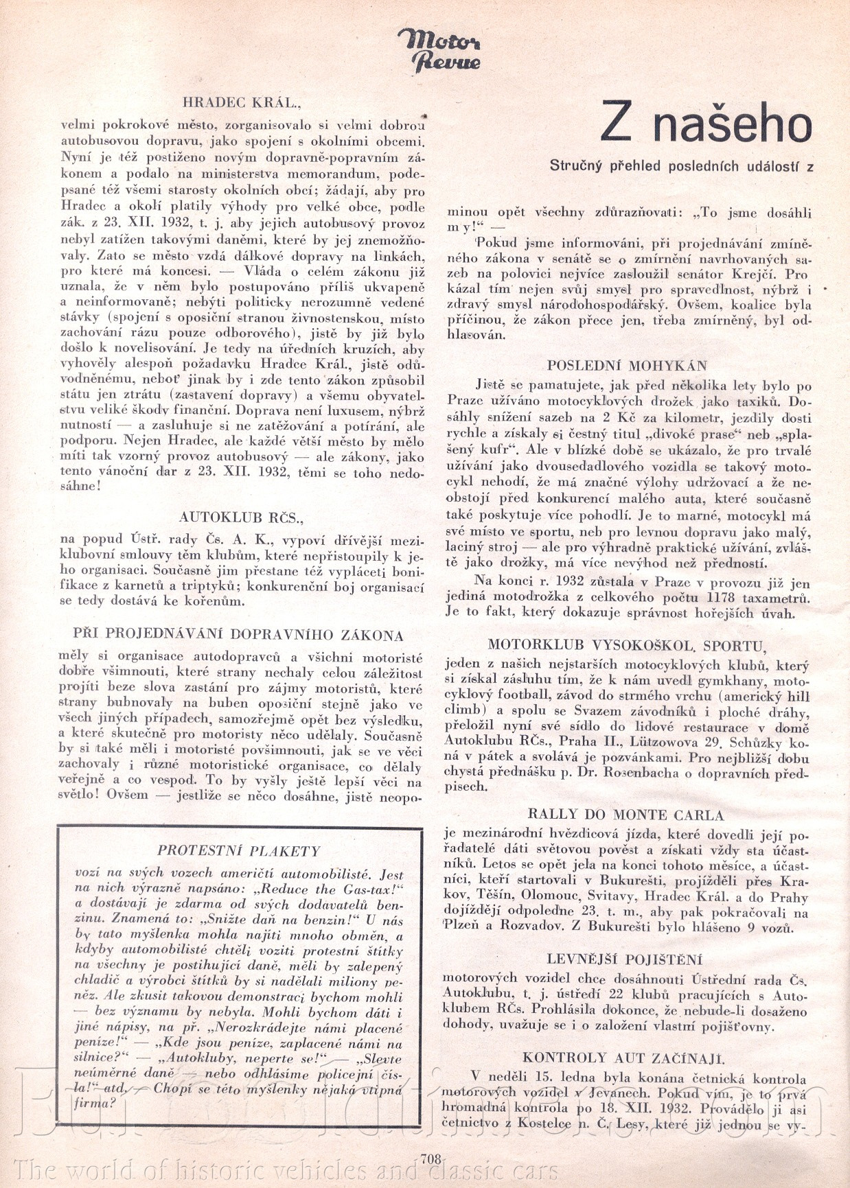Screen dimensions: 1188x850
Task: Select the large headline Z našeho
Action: point(705,124)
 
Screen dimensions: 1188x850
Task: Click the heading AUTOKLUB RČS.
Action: point(240,517)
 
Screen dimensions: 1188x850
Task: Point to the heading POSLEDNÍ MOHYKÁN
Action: point(627,365)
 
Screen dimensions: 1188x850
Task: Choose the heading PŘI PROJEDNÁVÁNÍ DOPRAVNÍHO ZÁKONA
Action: point(238,636)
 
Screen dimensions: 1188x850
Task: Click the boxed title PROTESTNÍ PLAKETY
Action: point(239,851)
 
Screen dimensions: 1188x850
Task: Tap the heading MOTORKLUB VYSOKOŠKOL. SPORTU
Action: point(626,645)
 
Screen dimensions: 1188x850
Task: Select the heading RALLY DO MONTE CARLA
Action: point(625,815)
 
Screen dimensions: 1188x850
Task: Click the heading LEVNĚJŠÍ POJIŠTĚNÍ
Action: point(625,959)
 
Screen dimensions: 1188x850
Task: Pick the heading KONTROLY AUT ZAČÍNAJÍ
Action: point(624,1058)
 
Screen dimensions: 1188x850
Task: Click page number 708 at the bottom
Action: point(430,1158)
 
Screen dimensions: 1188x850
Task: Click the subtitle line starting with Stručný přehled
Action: point(681,165)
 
